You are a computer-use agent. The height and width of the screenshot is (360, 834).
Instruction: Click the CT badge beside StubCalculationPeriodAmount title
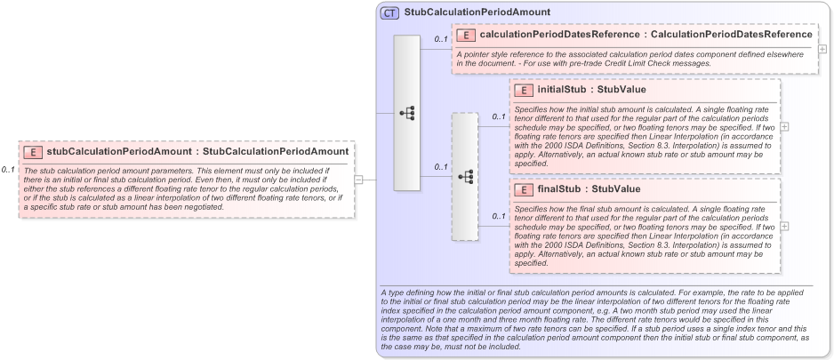[389, 12]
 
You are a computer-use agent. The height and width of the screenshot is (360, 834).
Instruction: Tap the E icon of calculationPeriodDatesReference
[467, 35]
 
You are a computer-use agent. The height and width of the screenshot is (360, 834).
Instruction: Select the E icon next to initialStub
[525, 90]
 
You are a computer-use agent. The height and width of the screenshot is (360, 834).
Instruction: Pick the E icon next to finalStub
[525, 189]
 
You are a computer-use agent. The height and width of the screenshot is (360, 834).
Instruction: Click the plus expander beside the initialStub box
[785, 127]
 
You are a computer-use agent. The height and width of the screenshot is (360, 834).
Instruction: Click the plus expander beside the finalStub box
[785, 226]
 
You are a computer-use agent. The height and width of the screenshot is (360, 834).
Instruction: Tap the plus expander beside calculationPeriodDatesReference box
[822, 48]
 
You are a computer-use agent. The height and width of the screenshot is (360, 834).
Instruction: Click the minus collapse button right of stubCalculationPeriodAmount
[359, 179]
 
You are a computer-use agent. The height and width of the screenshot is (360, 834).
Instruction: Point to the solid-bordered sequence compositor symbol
[406, 113]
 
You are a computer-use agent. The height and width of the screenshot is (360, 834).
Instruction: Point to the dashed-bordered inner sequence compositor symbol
[464, 176]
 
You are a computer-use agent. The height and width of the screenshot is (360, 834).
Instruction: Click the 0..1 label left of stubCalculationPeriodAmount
[8, 169]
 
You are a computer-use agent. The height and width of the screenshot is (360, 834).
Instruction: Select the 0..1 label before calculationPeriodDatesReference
[440, 39]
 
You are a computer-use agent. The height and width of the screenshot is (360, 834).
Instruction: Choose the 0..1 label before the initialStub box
[498, 116]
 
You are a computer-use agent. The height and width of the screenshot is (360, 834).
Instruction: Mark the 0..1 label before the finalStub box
[498, 216]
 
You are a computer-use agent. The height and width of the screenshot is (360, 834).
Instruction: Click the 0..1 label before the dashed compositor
[440, 166]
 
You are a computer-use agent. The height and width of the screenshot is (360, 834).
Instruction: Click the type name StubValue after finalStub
[615, 189]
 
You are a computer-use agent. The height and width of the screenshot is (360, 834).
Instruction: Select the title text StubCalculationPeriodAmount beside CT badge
[477, 12]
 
